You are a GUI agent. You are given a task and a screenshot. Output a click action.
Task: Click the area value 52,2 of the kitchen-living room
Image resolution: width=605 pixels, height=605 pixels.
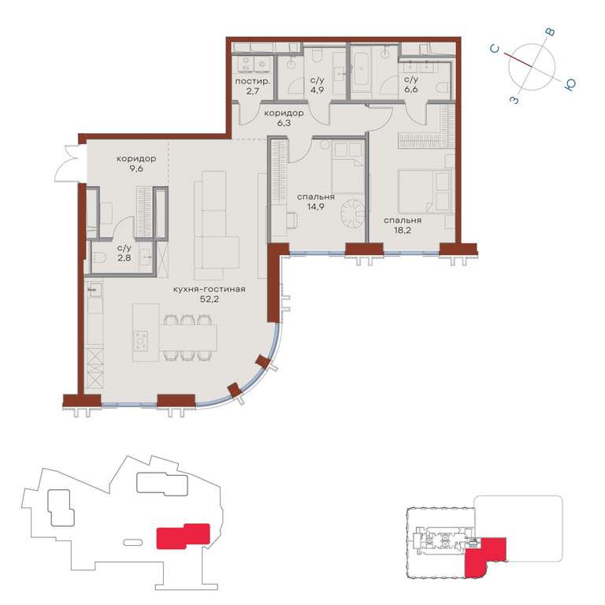point(210,299)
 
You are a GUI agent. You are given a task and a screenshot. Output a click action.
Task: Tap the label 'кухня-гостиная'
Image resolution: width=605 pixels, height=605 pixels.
point(210,289)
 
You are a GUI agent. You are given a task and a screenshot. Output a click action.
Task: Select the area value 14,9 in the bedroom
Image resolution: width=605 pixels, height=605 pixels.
point(315,207)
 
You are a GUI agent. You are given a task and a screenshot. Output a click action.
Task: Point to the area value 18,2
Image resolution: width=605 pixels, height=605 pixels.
point(402,230)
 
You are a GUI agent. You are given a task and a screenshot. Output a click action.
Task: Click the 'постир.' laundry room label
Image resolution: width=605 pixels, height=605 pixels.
point(252,81)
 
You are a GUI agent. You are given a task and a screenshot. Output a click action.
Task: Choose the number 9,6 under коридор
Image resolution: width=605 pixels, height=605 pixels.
point(136,169)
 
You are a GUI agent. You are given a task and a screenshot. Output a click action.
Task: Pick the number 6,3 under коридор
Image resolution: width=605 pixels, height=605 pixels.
point(284,123)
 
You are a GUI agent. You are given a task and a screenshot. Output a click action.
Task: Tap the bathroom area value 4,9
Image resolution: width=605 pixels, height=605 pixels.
point(317,91)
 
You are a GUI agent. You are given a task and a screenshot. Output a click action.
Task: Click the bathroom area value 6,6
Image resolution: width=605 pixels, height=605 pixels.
point(411,90)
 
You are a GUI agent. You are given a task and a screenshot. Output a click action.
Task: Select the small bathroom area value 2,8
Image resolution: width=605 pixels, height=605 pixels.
point(124,258)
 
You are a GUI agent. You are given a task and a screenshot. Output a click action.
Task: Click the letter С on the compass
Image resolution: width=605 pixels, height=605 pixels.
point(495,49)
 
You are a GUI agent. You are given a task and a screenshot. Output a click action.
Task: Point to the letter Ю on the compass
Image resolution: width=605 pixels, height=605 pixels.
point(570,84)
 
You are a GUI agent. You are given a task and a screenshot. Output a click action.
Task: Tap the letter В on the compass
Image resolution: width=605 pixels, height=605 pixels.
point(550,32)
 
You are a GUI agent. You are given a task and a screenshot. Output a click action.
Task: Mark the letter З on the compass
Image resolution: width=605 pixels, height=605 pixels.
point(514,100)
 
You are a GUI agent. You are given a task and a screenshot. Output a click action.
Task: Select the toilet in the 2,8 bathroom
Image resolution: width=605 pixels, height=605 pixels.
point(98,258)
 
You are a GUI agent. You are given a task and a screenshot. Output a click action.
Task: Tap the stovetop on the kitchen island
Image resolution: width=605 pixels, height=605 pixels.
point(140,341)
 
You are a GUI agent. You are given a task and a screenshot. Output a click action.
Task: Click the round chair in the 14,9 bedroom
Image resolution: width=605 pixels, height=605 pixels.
point(352,213)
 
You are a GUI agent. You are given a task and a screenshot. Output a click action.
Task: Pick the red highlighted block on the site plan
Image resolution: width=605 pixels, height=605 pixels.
point(183,536)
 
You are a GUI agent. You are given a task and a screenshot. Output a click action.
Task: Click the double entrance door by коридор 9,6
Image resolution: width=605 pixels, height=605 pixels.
point(69,163)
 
